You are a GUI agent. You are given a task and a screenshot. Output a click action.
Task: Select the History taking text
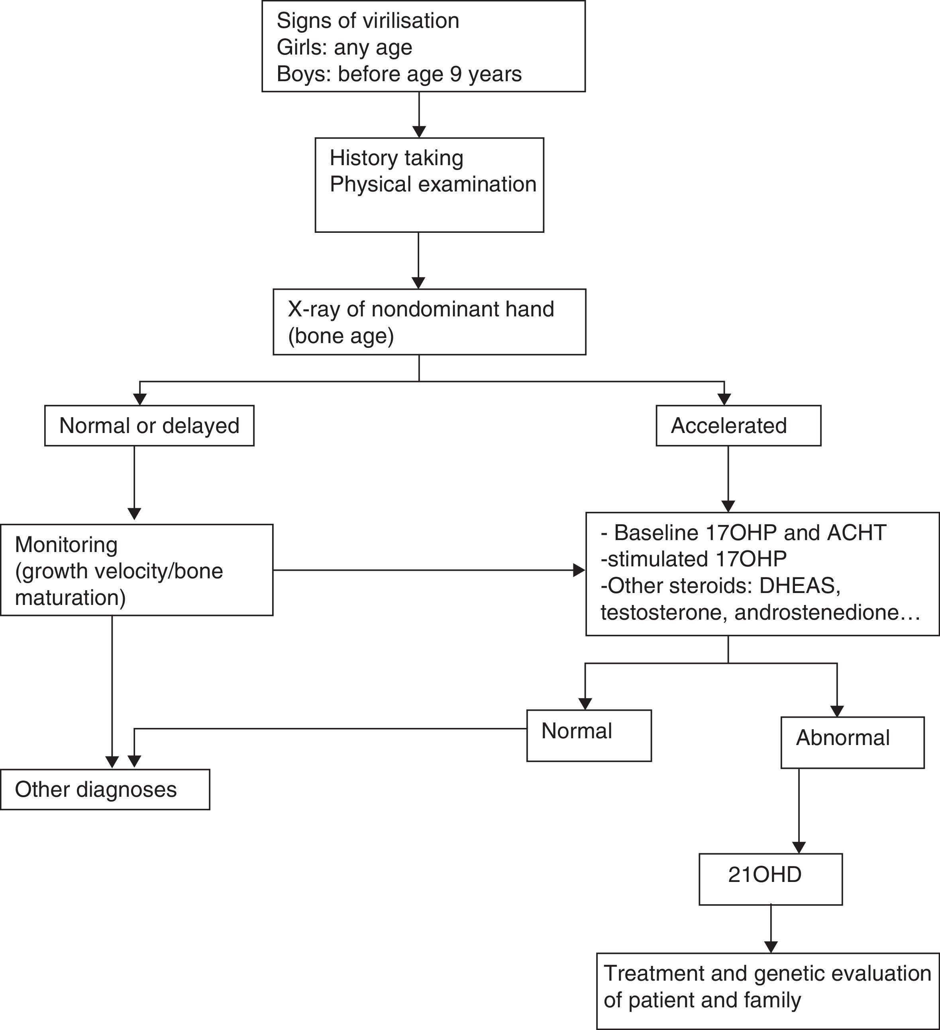click(x=396, y=158)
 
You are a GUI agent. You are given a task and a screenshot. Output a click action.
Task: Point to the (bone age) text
click(x=341, y=336)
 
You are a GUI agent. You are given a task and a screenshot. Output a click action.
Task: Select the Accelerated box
click(x=738, y=425)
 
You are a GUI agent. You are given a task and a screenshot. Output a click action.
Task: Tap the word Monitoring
click(x=66, y=544)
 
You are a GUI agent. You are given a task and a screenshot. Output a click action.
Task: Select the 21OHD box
click(x=770, y=875)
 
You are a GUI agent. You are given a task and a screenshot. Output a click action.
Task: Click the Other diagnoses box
click(x=105, y=789)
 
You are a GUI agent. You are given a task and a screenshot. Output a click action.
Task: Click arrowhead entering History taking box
click(x=419, y=132)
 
